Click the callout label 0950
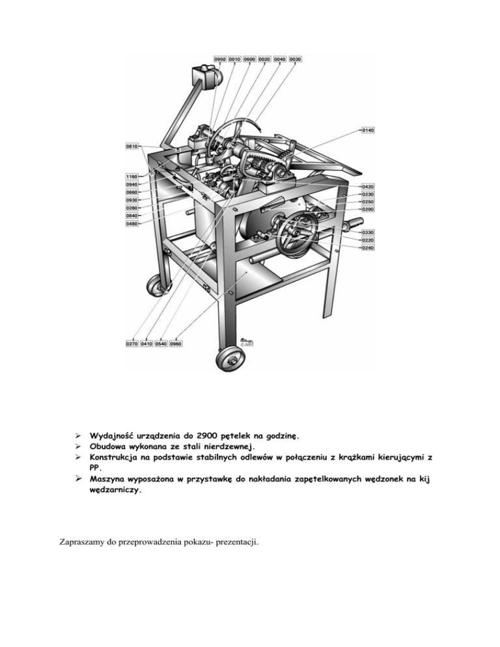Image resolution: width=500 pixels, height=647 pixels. coord(219,59)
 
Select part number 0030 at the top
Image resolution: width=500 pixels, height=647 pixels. coord(295,59)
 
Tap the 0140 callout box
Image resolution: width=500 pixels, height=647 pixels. coord(368,130)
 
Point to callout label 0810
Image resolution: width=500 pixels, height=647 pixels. coord(132,146)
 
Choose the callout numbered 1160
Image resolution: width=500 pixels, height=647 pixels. coord(132,176)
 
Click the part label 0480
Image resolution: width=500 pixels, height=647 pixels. coord(132,224)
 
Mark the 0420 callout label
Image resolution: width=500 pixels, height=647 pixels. coord(368,187)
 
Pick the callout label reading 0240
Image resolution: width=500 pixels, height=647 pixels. coord(368,247)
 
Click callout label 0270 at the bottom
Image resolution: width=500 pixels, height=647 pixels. coord(132,343)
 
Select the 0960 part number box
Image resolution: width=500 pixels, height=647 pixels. coord(176,343)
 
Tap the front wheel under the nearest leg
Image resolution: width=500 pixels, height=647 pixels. coord(230,360)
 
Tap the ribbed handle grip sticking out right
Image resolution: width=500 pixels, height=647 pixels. coord(351,226)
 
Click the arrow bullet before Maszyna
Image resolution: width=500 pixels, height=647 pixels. coord(78,479)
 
